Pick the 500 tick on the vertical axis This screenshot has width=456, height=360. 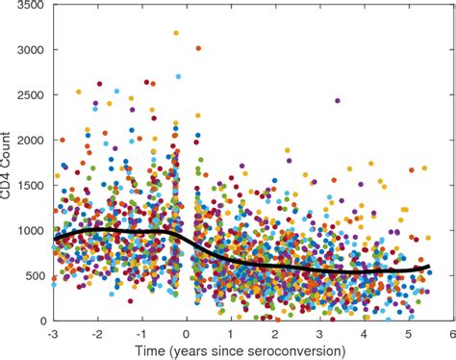[x=32, y=275]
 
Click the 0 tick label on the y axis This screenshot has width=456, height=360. [x=40, y=321]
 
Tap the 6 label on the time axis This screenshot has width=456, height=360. [x=451, y=332]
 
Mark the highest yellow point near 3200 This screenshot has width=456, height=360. [x=176, y=33]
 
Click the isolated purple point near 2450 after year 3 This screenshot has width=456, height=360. [x=337, y=100]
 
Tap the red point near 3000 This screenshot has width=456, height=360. [x=198, y=47]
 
